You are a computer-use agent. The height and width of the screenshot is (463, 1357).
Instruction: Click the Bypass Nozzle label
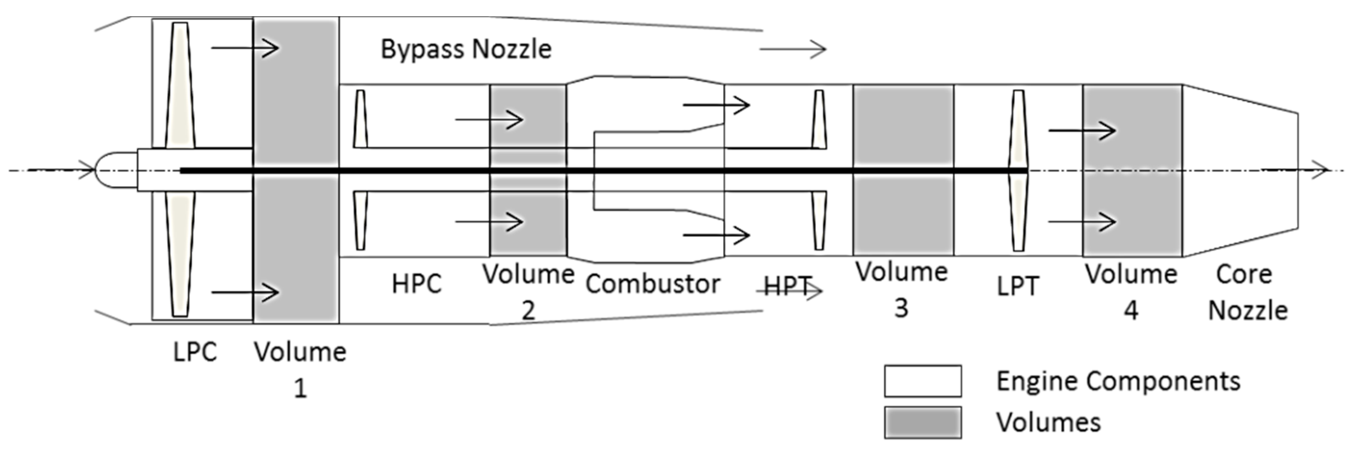point(466,49)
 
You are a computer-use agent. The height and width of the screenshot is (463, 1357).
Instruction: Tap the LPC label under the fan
point(195,352)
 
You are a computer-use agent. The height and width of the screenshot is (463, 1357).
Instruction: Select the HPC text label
point(416,284)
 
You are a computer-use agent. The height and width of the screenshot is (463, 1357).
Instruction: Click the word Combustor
point(653,284)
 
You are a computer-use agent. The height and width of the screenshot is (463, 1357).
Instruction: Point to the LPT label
point(1018,286)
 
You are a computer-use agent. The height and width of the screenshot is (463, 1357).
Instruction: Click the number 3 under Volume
point(902,308)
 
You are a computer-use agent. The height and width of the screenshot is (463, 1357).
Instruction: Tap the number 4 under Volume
point(1131,310)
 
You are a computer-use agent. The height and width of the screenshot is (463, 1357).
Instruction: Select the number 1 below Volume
point(300,389)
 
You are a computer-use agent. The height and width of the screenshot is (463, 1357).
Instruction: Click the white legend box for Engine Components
point(923,381)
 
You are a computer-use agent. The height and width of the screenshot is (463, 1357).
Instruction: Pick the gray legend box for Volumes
point(923,422)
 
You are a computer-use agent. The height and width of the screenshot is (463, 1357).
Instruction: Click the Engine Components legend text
point(1118,381)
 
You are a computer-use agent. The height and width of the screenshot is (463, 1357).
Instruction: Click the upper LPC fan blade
point(180,84)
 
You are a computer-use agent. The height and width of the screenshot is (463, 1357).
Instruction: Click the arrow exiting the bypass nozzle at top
point(793,49)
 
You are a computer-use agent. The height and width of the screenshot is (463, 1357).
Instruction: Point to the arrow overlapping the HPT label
point(789,291)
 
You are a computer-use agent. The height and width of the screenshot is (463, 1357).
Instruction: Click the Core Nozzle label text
point(1247,292)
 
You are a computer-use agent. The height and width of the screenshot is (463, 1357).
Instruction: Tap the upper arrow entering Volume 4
point(1082,130)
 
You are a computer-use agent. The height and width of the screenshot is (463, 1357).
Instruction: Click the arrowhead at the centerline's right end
point(1321,170)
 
